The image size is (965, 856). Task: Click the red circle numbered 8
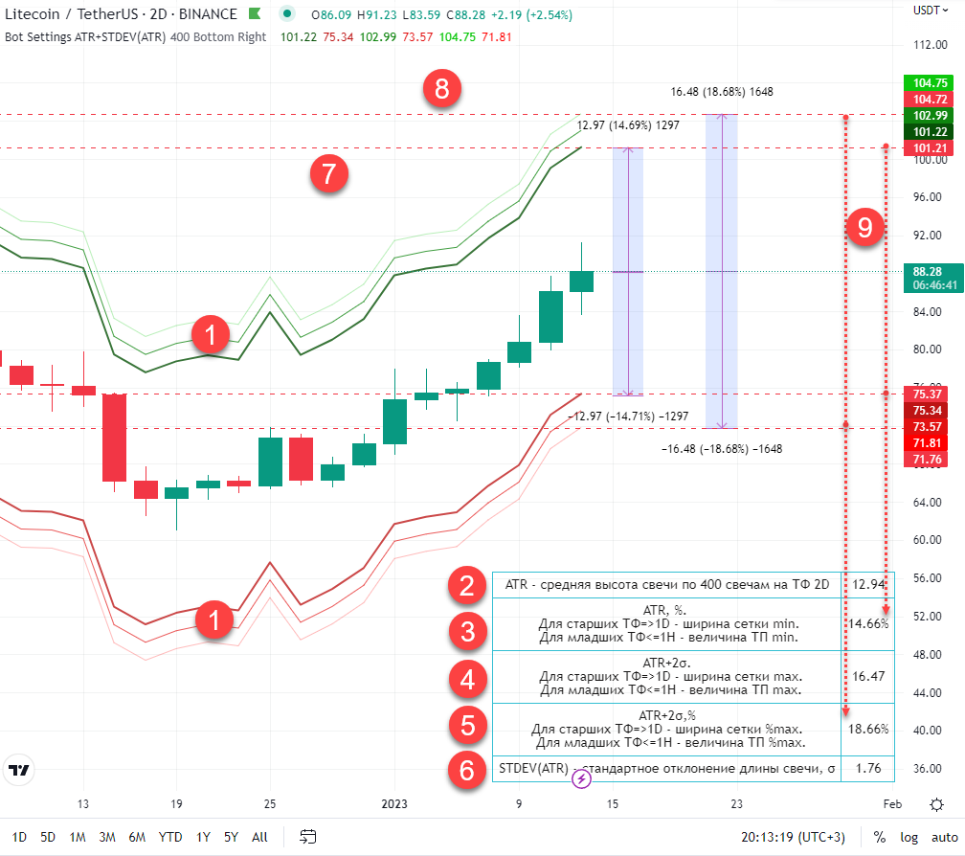[x=441, y=91]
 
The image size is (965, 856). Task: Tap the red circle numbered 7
[x=328, y=174]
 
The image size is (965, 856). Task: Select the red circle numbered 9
[x=865, y=228]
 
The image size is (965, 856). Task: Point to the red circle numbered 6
[x=467, y=770]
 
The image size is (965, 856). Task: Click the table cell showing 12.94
[x=868, y=584]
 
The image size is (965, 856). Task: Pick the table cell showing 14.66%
[x=868, y=623]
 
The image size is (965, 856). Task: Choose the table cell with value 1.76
[x=868, y=768]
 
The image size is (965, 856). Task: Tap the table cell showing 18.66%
[x=868, y=729]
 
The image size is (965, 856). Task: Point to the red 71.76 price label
[x=924, y=461]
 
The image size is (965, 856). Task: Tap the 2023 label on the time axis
[x=394, y=804]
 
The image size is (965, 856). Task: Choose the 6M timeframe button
[x=137, y=837]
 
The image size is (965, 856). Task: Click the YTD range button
[x=170, y=837]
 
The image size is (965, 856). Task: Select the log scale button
[x=909, y=838]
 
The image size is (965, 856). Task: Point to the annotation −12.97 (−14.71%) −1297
[x=628, y=417]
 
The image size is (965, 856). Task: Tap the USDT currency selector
[x=928, y=10]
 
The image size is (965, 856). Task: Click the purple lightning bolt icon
[x=582, y=779]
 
